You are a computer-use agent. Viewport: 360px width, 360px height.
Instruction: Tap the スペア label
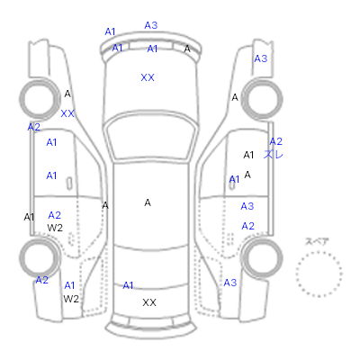point(317,242)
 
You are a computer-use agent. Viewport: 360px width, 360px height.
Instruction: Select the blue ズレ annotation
point(274,155)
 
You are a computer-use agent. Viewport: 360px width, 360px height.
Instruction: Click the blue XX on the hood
point(148,77)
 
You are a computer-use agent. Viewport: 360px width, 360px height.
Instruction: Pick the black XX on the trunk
point(149,302)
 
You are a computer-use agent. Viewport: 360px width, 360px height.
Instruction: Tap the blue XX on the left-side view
point(67,113)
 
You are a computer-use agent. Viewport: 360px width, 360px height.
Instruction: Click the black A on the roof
point(148,203)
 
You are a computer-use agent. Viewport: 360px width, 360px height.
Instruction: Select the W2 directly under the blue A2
point(55,228)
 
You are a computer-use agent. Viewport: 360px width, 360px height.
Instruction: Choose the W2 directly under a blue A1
point(71,299)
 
